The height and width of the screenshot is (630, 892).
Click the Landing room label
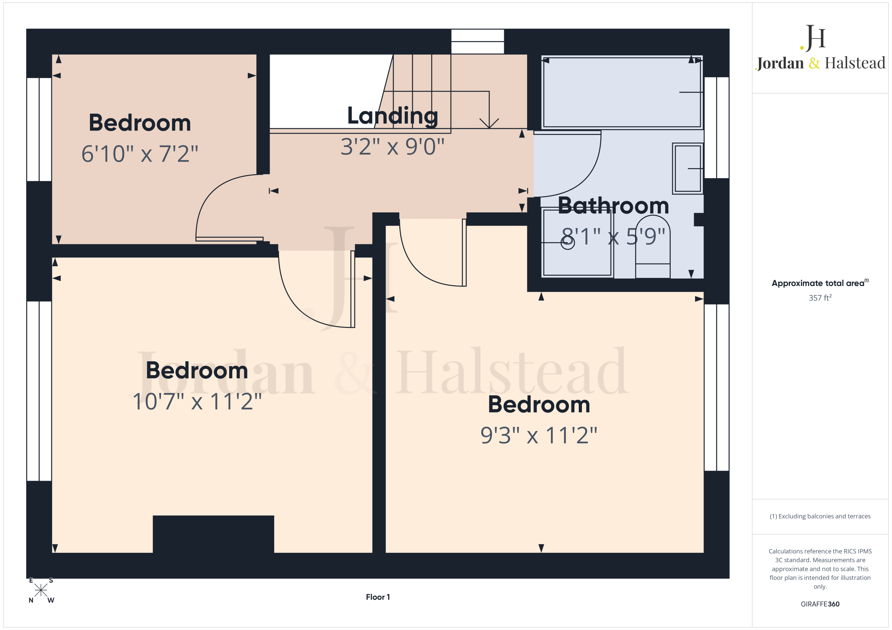pyautogui.click(x=392, y=116)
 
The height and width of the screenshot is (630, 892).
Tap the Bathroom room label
pyautogui.click(x=614, y=206)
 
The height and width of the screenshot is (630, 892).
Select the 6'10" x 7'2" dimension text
pyautogui.click(x=140, y=154)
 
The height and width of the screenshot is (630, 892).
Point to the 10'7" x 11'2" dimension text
pyautogui.click(x=197, y=401)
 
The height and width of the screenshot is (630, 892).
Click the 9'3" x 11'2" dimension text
pyautogui.click(x=539, y=435)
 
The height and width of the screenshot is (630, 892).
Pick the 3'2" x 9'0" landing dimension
pyautogui.click(x=392, y=146)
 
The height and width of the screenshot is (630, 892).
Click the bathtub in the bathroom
pyautogui.click(x=622, y=92)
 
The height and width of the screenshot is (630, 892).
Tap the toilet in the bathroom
pyautogui.click(x=653, y=247)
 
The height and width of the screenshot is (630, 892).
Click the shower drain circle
pyautogui.click(x=568, y=243)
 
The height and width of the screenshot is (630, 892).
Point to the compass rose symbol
pyautogui.click(x=41, y=590)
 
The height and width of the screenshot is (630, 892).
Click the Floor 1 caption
pyautogui.click(x=378, y=597)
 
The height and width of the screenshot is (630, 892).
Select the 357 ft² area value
pyautogui.click(x=820, y=297)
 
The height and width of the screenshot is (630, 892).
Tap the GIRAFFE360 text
pyautogui.click(x=820, y=604)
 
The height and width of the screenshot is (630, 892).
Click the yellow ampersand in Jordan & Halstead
pyautogui.click(x=814, y=63)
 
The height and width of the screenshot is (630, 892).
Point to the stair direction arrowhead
pyautogui.click(x=489, y=124)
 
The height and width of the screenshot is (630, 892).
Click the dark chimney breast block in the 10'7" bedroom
pyautogui.click(x=213, y=534)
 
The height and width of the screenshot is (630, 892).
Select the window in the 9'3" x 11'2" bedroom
pyautogui.click(x=717, y=387)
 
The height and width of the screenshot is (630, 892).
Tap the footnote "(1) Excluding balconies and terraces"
pyautogui.click(x=820, y=516)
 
